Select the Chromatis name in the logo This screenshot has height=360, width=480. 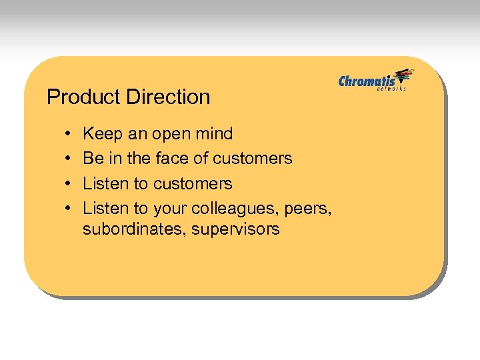point(367,81)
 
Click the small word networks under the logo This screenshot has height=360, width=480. point(391,89)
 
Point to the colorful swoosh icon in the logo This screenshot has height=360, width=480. point(404,76)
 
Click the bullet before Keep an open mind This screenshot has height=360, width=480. point(69,134)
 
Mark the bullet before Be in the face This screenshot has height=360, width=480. point(69,159)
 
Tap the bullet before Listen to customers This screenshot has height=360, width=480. point(69,183)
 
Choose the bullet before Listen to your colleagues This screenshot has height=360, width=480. point(69,208)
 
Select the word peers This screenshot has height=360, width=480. point(307,209)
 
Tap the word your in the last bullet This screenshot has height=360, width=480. point(170,209)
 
